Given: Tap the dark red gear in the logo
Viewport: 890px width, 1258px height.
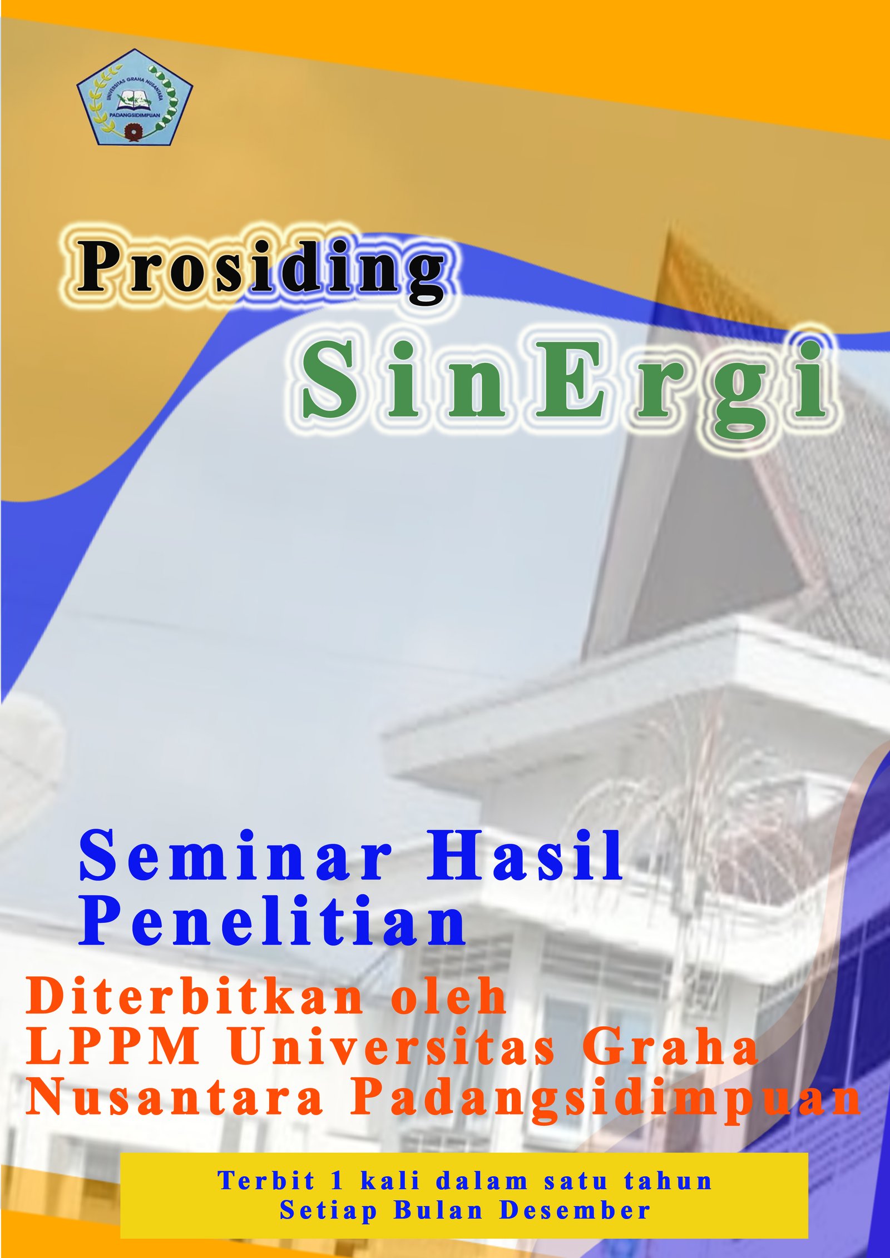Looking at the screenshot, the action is pyautogui.click(x=133, y=132).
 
